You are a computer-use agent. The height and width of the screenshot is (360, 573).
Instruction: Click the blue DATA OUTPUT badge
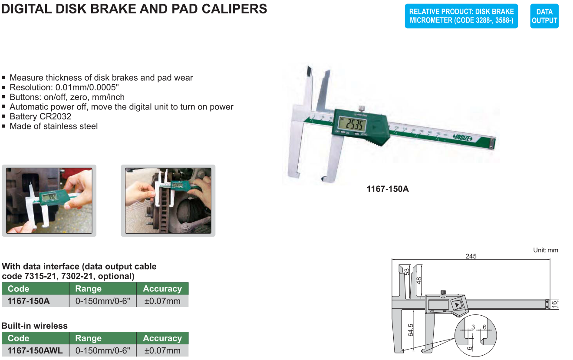click(x=544, y=16)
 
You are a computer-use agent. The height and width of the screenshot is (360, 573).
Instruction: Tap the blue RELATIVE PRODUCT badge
click(x=461, y=16)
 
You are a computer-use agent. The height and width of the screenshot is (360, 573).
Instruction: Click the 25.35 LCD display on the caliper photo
click(x=352, y=125)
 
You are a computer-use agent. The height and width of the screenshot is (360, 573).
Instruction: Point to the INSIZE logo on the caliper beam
click(x=462, y=138)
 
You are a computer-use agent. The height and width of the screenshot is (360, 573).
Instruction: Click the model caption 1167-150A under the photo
click(x=388, y=189)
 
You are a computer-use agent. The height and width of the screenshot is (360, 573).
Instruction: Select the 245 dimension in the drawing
click(x=471, y=256)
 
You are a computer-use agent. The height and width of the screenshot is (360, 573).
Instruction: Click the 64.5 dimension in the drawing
click(x=410, y=330)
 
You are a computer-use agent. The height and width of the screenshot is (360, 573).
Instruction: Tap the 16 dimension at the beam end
click(x=554, y=304)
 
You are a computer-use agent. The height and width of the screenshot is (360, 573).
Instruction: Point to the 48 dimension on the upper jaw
click(x=419, y=281)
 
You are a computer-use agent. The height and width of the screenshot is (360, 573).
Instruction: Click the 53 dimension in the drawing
click(x=407, y=271)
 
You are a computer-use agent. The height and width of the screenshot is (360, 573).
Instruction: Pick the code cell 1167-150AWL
click(x=35, y=350)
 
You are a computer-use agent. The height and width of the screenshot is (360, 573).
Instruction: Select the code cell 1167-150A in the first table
click(x=29, y=301)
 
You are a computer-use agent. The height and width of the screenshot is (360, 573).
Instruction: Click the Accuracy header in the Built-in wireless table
click(x=162, y=338)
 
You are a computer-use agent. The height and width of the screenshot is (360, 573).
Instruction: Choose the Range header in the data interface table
click(x=88, y=289)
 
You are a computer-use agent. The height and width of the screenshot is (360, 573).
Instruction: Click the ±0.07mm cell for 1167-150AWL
click(x=162, y=350)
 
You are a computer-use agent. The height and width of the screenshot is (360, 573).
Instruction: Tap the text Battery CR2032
click(x=40, y=116)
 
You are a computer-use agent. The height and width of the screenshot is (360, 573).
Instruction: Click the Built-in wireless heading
click(x=35, y=326)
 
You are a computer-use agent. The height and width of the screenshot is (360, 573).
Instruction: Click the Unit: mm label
click(x=545, y=250)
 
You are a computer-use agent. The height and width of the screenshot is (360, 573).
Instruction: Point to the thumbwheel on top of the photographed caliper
click(x=362, y=109)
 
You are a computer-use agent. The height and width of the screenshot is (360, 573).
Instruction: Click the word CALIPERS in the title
click(x=234, y=9)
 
